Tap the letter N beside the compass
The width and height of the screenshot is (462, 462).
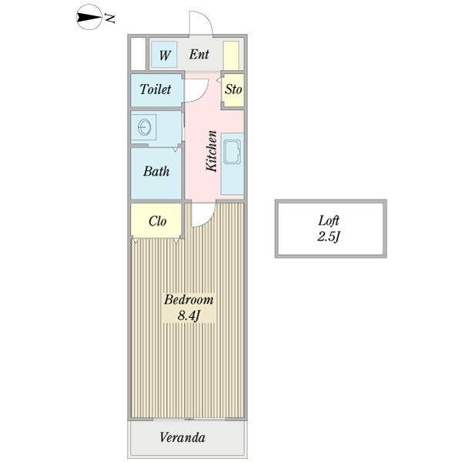111,18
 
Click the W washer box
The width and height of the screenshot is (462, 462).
164,55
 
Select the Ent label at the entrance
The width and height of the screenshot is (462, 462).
199,55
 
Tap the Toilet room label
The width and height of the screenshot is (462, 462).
156,89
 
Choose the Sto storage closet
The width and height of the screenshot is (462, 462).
233,90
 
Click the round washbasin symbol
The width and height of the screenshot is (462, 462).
144,127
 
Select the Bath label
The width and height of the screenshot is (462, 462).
156,172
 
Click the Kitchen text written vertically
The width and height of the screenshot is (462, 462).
209,149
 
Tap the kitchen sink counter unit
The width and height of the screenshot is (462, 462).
233,164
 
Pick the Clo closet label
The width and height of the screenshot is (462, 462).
157,222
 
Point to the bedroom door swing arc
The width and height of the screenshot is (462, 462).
199,217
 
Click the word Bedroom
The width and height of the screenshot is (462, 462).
188,300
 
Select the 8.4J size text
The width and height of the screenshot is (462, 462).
188,316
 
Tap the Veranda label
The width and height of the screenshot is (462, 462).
182,438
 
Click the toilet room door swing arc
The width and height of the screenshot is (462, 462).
194,91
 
